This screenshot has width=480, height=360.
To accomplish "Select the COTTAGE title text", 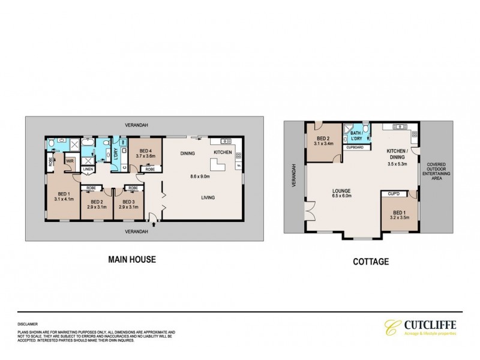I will [x=371, y=262].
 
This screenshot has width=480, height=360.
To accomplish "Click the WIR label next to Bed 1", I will [x=69, y=161].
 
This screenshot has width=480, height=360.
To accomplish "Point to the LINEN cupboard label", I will [x=88, y=170].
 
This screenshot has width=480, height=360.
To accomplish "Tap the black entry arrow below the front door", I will [x=155, y=226].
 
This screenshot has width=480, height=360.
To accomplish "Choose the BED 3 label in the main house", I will [x=127, y=202].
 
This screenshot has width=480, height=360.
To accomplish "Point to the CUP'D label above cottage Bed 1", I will [x=394, y=194].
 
